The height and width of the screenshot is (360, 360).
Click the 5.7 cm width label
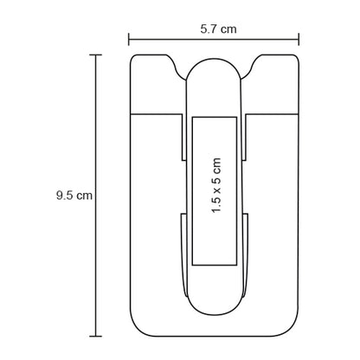[x=218, y=29]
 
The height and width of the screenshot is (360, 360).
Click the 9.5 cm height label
[x=74, y=196]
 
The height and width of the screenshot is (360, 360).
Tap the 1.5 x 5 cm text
[x=216, y=185]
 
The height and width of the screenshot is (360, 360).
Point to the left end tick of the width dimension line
[x=129, y=39]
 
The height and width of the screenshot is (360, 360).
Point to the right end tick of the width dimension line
[x=299, y=39]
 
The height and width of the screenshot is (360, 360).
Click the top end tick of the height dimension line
[x=96, y=55]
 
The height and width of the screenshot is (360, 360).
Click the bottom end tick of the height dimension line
[x=96, y=336]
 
